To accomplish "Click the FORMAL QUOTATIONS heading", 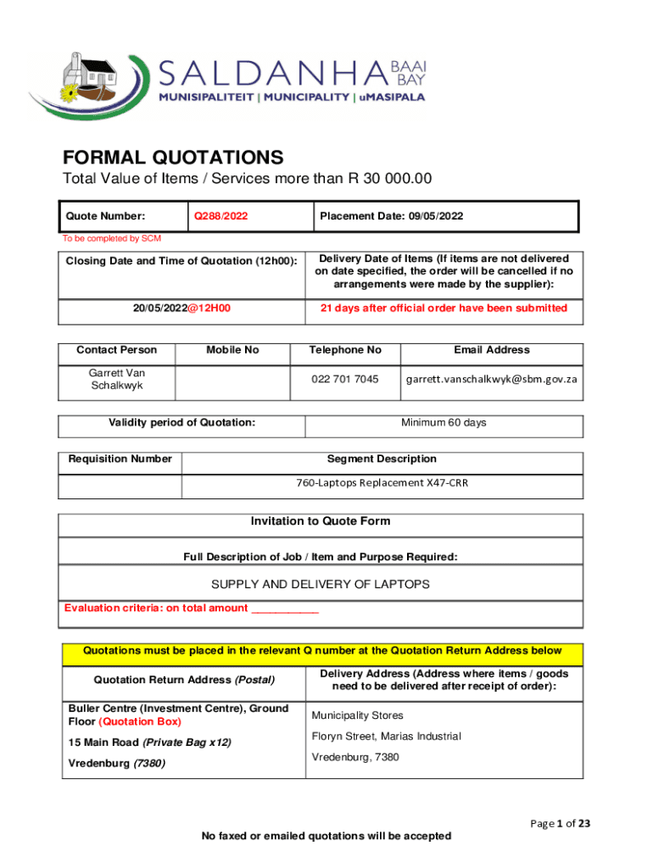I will (x=173, y=158).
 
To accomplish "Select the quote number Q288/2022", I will (x=221, y=216).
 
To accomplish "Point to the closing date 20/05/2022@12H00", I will (x=182, y=309).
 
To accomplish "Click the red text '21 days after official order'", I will (x=444, y=309).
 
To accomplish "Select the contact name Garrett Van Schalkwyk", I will (x=116, y=379).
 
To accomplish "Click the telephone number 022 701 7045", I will (x=343, y=379).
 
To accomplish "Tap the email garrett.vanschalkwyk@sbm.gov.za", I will (x=491, y=379).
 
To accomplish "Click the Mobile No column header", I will (x=232, y=350).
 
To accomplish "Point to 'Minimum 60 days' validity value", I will (x=444, y=423).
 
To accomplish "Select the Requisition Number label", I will (x=120, y=459).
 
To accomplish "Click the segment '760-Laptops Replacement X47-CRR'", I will (x=382, y=483).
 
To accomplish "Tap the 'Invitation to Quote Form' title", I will (x=321, y=522).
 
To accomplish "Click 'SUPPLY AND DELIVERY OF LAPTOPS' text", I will (x=321, y=585).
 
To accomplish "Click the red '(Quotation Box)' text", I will (x=140, y=722).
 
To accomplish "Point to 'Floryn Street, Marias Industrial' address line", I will (x=386, y=737).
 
